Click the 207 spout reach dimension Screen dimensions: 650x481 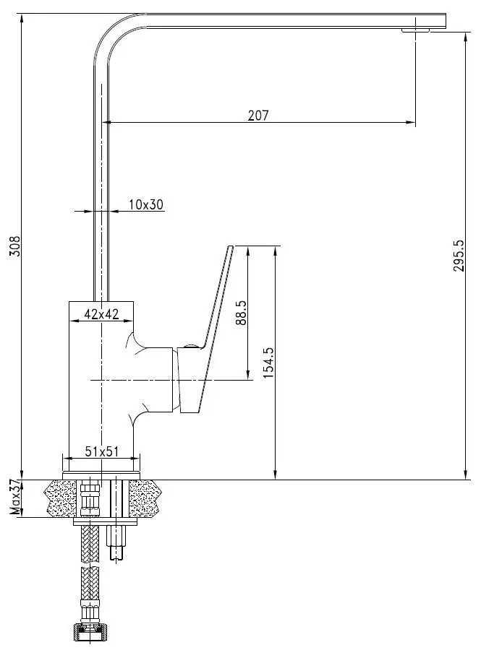pos(257,115)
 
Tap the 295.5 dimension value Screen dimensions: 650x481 pos(457,255)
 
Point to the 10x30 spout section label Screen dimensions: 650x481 pos(147,205)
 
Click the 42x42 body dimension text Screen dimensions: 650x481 pos(101,313)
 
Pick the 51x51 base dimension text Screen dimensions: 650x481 pos(101,451)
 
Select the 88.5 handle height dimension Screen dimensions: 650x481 pos(241,313)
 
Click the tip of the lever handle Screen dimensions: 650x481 pos(231,248)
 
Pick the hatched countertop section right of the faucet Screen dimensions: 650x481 pos(146,498)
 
